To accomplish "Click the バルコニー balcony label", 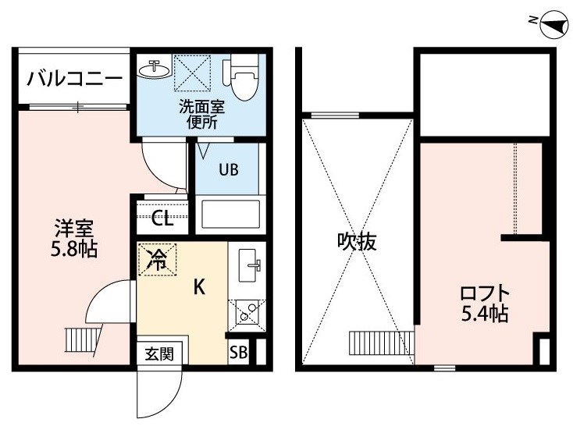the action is (x=74, y=79).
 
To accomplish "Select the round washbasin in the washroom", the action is (x=155, y=68).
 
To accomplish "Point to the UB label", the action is (x=229, y=169).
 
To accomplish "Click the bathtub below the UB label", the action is (x=230, y=215).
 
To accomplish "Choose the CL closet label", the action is (x=162, y=219).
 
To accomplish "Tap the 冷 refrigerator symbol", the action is (x=158, y=259).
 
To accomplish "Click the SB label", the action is (x=238, y=353).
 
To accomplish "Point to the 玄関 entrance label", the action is (x=159, y=354).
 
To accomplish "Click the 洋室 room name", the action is (x=74, y=228).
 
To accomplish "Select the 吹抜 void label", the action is (x=356, y=241).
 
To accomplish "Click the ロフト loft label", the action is (x=485, y=293).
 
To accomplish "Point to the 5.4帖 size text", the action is (x=485, y=314).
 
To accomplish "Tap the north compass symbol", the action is (x=554, y=24).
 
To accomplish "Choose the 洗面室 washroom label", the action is (x=201, y=107).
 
